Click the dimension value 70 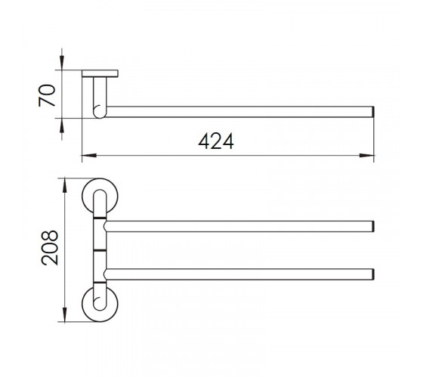tap(47, 95)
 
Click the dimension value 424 tap(216, 141)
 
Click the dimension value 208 tap(50, 248)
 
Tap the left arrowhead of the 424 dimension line tap(89, 155)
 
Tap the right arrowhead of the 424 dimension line tap(366, 155)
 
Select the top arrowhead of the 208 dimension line tap(64, 185)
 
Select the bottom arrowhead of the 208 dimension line tap(64, 314)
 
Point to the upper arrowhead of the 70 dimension tap(62, 63)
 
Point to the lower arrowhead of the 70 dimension tap(62, 125)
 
